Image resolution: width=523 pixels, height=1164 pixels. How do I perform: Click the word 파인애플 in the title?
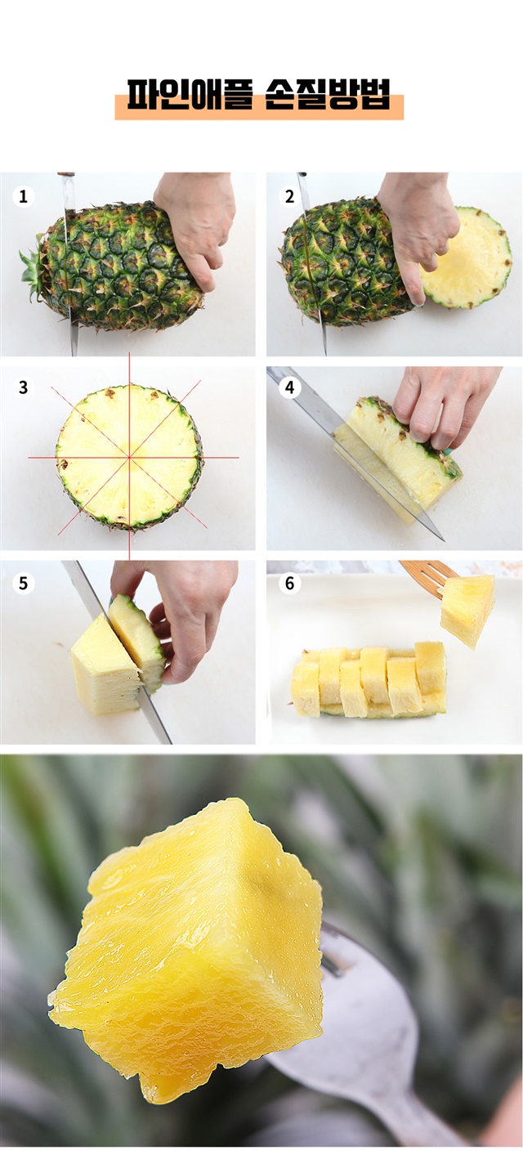coord(189,95)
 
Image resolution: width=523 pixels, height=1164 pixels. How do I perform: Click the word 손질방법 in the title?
coord(327,95)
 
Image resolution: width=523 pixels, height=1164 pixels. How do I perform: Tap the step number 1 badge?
coord(23,196)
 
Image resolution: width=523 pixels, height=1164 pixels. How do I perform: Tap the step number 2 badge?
coord(289,196)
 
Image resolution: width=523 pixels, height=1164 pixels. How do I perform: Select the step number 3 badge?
coord(23,387)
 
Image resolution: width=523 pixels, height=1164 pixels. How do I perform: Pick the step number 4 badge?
coord(289,387)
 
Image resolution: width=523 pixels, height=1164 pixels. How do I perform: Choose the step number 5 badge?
coord(23,583)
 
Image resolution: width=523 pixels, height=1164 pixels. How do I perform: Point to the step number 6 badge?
coord(289,583)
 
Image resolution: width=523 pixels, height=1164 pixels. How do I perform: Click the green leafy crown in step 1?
coord(33,271)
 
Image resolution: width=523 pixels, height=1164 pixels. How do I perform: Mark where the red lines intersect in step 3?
coord(129,457)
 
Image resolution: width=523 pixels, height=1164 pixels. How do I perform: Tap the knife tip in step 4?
coord(443,540)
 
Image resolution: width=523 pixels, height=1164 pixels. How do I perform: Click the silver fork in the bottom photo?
coord(364,1045)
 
